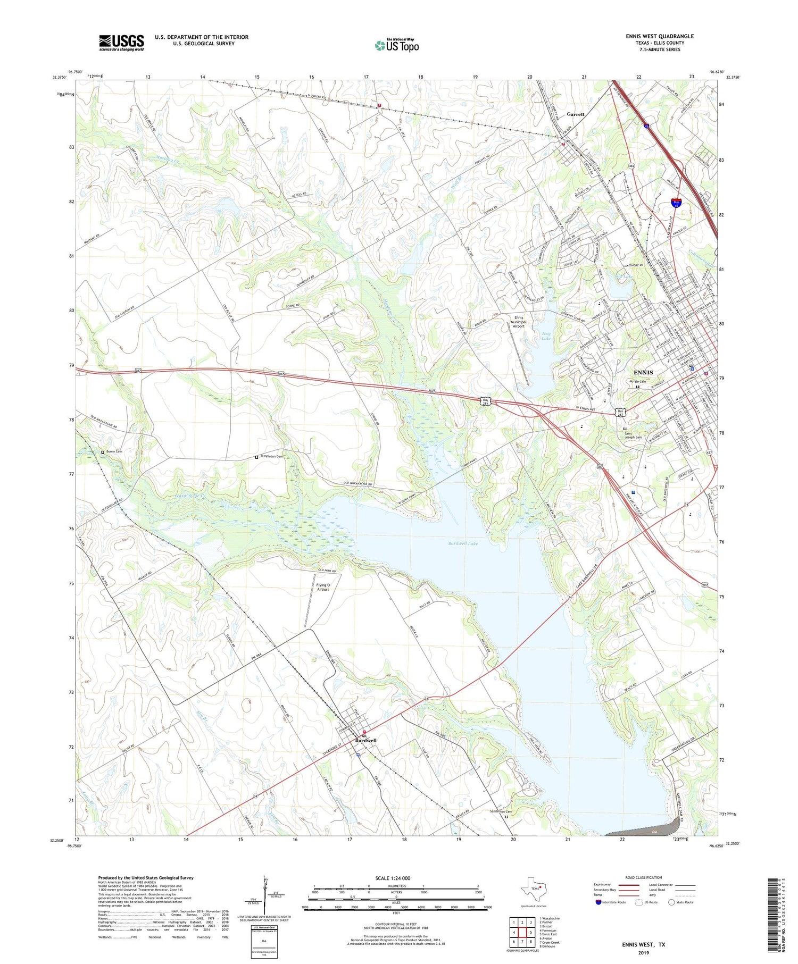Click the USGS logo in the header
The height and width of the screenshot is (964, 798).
point(121,43)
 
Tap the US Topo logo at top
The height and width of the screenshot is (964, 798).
point(397,46)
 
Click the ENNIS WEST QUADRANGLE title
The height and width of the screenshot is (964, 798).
point(659,36)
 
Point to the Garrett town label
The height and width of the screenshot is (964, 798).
point(576,114)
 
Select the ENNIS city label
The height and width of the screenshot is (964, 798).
point(643,372)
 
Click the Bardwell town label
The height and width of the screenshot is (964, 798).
point(366,740)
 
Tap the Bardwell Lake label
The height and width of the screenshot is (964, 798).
point(462,543)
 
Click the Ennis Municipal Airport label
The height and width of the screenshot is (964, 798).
point(518,322)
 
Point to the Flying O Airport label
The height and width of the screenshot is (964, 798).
point(323,587)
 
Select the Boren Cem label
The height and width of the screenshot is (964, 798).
point(114,451)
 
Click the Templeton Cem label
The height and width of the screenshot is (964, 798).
point(271,456)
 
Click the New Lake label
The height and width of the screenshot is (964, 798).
point(546,336)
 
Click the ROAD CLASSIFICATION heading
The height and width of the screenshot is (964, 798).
point(643,877)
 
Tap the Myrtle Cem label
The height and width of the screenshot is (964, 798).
point(638,381)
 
